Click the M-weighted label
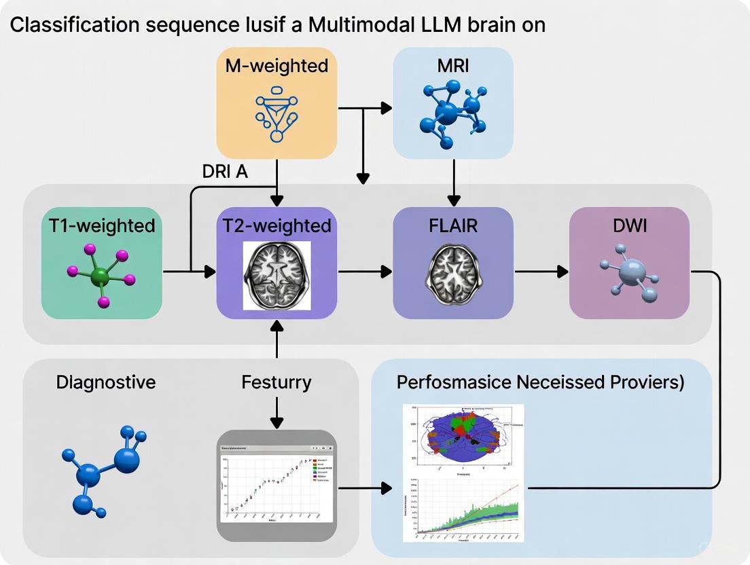[276, 66]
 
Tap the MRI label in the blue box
[453, 66]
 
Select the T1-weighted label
[102, 225]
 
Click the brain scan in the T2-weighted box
[276, 275]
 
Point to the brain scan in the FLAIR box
[453, 275]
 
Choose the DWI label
[629, 225]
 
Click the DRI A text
[225, 172]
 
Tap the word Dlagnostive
[106, 382]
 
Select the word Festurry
[276, 382]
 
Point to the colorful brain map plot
[463, 436]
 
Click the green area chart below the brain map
[463, 509]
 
